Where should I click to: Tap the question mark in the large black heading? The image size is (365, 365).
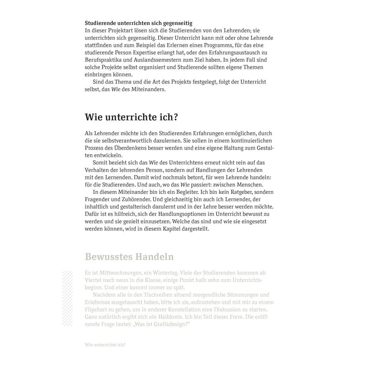click(x=175, y=117)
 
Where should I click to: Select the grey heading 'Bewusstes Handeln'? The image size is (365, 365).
click(x=129, y=257)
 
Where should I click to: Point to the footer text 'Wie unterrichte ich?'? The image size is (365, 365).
click(x=105, y=345)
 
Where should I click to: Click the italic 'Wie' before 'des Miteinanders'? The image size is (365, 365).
click(x=115, y=89)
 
